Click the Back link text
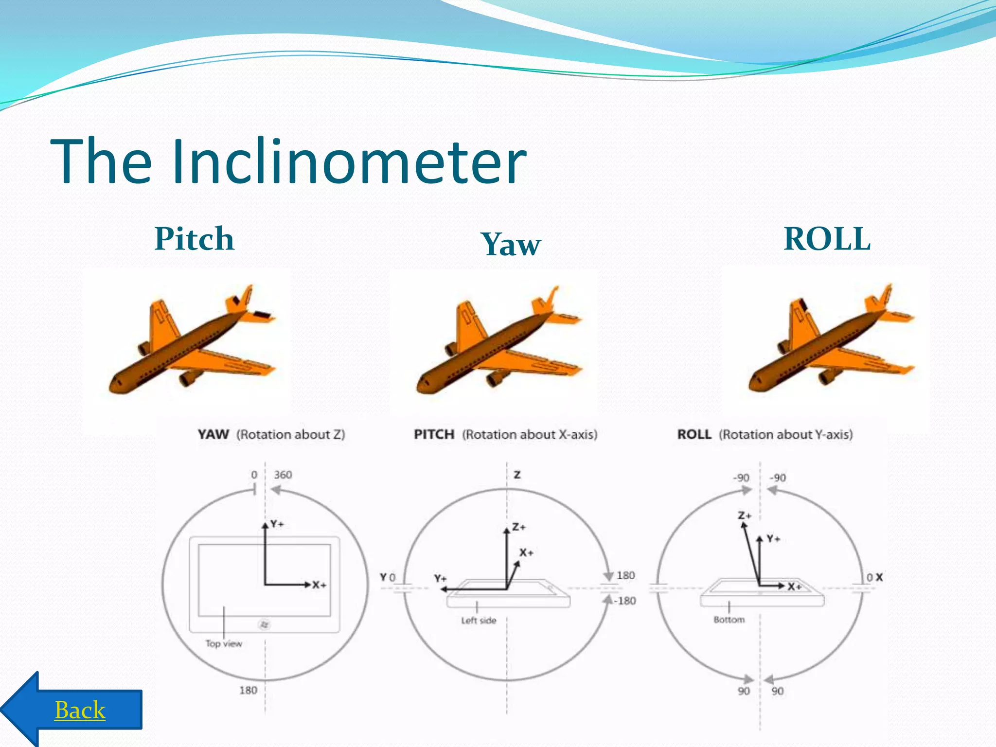(80, 710)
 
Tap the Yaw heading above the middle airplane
(511, 244)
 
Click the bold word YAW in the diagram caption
(213, 434)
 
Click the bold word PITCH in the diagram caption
(434, 434)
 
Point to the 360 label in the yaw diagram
(283, 474)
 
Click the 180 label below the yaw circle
(248, 690)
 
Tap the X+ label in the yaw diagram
(319, 585)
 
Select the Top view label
(224, 643)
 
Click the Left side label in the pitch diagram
(479, 620)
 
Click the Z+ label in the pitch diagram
(519, 527)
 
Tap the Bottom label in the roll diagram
(729, 619)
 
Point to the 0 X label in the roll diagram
(874, 577)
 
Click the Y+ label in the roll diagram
(773, 538)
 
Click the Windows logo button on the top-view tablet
(264, 624)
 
